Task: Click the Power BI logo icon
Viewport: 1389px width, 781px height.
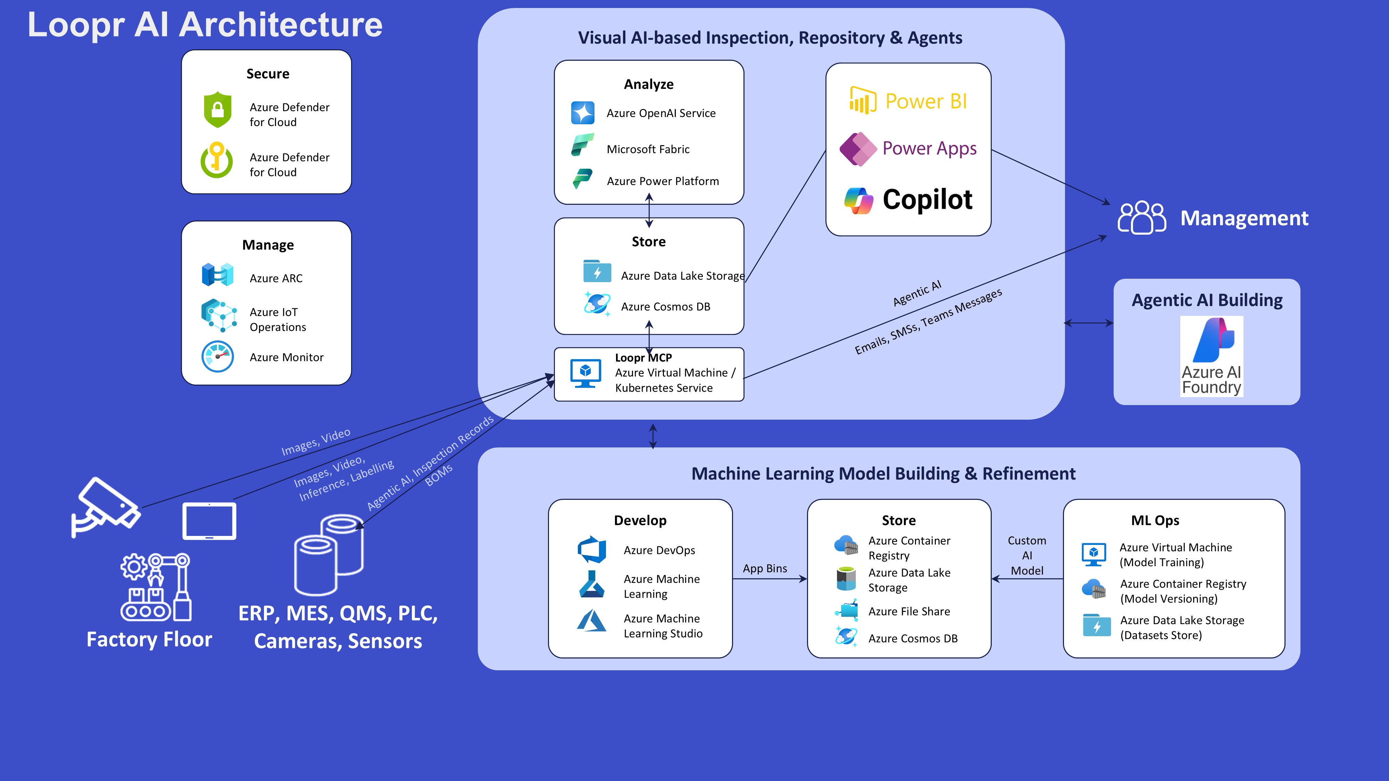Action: (863, 100)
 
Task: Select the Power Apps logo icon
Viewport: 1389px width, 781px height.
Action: (858, 149)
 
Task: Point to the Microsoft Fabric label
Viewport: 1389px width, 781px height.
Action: (648, 149)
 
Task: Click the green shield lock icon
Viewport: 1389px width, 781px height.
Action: (217, 110)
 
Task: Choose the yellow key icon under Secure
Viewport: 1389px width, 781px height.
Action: (217, 160)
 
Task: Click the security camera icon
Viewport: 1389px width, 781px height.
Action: (105, 507)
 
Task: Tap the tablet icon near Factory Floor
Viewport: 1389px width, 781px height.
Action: (209, 521)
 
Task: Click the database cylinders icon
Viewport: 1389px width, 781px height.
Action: (328, 555)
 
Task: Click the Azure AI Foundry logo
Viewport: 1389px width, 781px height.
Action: (1212, 356)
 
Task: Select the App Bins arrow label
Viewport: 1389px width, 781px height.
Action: (765, 569)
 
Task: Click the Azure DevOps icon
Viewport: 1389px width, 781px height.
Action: (591, 550)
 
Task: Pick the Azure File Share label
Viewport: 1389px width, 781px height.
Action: (909, 612)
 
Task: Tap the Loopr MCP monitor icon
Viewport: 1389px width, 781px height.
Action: (585, 373)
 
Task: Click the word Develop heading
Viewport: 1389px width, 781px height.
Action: (640, 521)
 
